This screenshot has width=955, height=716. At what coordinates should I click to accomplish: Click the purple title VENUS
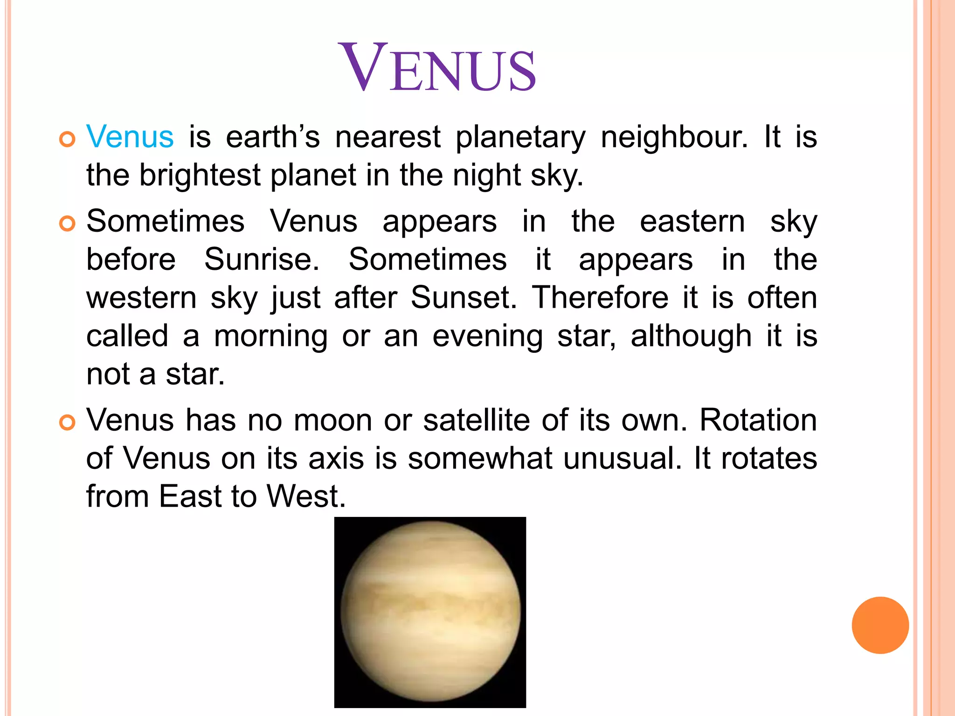(x=439, y=68)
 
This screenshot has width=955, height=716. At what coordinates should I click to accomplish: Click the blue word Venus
(x=130, y=137)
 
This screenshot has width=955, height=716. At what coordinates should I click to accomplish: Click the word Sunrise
(x=262, y=259)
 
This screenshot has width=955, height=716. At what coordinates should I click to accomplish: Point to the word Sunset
(x=464, y=297)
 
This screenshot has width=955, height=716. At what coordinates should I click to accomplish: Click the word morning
(x=270, y=337)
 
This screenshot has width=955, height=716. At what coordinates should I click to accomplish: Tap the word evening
(x=487, y=337)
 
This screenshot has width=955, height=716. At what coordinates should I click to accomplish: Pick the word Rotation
(x=758, y=420)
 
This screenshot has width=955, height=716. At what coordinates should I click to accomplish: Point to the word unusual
(x=622, y=458)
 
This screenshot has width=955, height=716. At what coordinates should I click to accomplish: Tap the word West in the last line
(x=306, y=496)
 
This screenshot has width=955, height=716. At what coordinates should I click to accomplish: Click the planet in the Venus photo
(x=430, y=612)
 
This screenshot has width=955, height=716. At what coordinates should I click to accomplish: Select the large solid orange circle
(x=880, y=625)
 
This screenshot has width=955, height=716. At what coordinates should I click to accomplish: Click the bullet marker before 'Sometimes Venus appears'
(x=68, y=224)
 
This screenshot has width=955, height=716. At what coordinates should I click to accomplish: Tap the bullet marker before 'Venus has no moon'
(x=68, y=423)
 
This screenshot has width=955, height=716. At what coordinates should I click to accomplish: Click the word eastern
(x=692, y=221)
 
